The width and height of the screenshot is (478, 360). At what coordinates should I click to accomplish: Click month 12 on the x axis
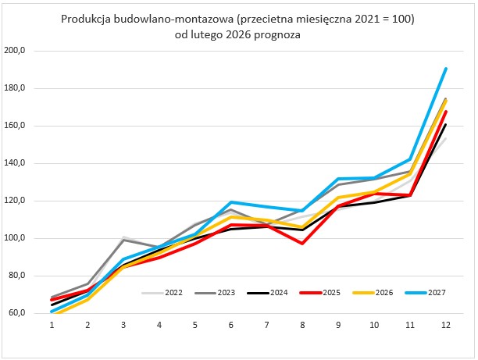(445, 324)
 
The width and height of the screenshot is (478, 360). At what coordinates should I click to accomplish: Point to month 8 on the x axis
(302, 324)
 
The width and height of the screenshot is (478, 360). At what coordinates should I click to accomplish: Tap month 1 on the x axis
(52, 324)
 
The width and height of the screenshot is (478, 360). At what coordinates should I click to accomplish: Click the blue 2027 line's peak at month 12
(445, 69)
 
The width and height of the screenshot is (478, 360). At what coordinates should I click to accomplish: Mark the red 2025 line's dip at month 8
(302, 244)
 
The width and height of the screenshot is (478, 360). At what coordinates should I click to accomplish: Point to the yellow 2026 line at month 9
(338, 198)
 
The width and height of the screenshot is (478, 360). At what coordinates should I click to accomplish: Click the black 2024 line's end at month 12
(445, 124)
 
